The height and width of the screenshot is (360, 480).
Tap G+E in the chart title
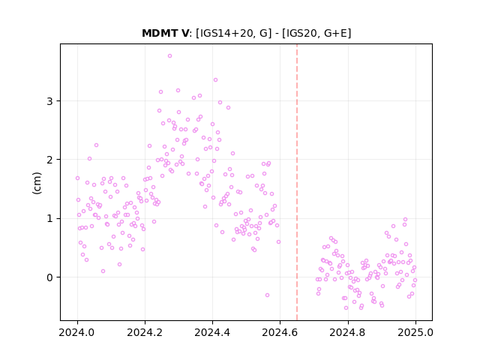[336, 33]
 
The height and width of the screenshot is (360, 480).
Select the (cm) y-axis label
[37, 183]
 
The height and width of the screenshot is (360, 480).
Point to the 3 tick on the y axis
[50, 101]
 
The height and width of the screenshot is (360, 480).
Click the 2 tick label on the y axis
[50, 160]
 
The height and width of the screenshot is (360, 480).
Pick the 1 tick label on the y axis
[50, 218]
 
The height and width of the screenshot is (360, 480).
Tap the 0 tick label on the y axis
[50, 277]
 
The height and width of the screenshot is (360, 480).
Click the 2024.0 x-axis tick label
[77, 332]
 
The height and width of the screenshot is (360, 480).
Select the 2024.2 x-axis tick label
[145, 332]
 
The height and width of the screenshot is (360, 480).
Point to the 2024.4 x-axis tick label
[212, 332]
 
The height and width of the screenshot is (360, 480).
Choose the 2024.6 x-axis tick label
[280, 332]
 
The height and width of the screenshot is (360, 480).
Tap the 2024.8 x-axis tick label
[347, 332]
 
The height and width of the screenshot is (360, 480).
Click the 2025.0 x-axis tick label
[415, 332]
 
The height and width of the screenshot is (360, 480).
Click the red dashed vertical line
[297, 182]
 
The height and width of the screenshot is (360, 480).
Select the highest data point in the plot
[170, 56]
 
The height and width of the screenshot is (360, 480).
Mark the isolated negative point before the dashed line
[267, 295]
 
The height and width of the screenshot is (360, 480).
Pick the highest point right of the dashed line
[405, 219]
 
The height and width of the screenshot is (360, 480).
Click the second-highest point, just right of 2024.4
[215, 80]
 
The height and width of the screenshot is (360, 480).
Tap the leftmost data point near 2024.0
[77, 178]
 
